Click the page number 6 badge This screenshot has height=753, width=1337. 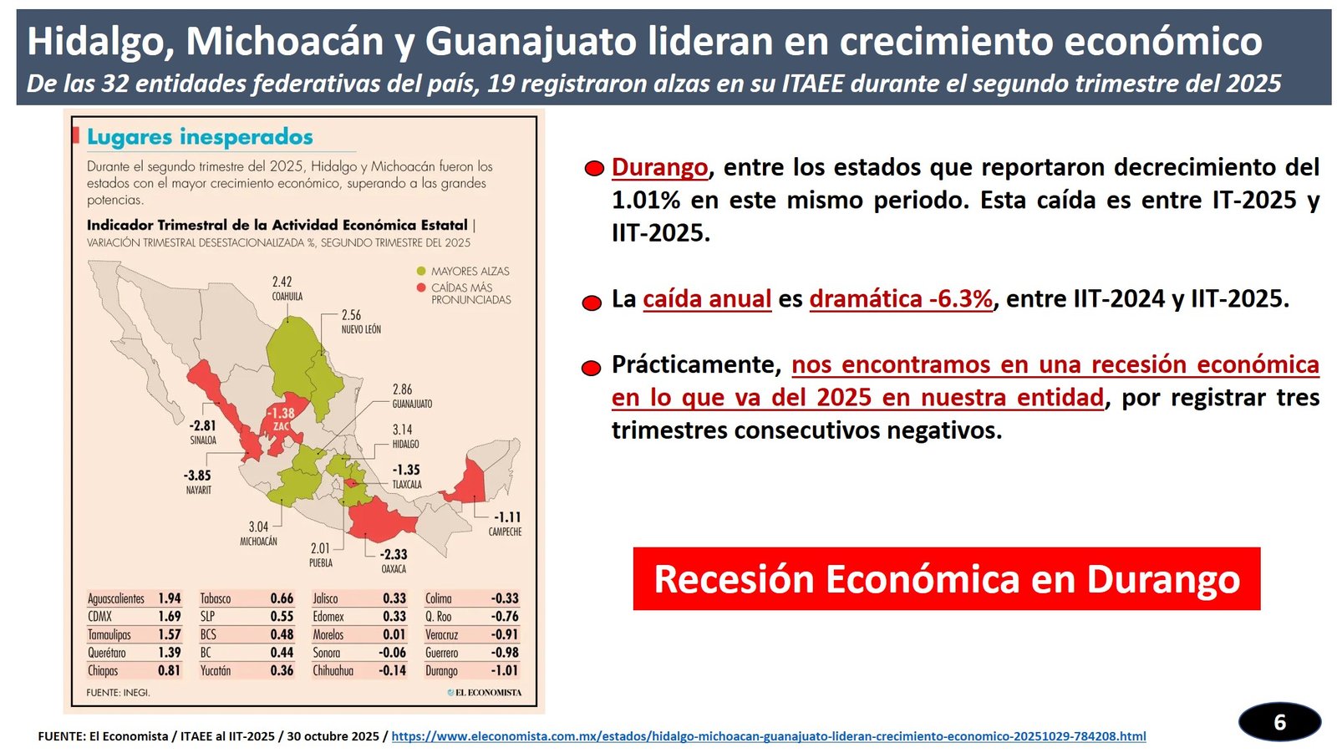tap(1279, 722)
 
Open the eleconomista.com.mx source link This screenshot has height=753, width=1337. tap(768, 736)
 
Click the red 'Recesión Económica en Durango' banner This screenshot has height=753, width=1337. tap(946, 579)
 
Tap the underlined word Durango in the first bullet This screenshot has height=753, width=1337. tap(659, 167)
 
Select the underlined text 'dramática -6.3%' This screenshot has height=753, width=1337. tap(901, 299)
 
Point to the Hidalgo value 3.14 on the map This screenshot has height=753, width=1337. tap(403, 430)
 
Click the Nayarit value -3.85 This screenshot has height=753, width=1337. tap(197, 475)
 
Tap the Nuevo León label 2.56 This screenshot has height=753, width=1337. tap(351, 315)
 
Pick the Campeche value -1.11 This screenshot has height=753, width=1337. tap(506, 517)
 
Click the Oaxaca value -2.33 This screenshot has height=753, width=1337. tap(394, 554)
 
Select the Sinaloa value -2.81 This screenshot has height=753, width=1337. tap(202, 425)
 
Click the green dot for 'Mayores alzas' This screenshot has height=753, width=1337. tap(421, 272)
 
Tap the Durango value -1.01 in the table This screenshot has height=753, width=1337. tap(505, 670)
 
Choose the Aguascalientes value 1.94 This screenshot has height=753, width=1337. tap(170, 598)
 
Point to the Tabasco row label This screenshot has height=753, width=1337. tap(216, 598)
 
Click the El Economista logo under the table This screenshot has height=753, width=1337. tap(485, 692)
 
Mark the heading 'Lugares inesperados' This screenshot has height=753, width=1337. tap(200, 137)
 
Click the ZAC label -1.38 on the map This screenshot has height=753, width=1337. tap(281, 413)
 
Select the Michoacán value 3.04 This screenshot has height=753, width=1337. tap(258, 527)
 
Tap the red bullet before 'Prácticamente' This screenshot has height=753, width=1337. tap(592, 368)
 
